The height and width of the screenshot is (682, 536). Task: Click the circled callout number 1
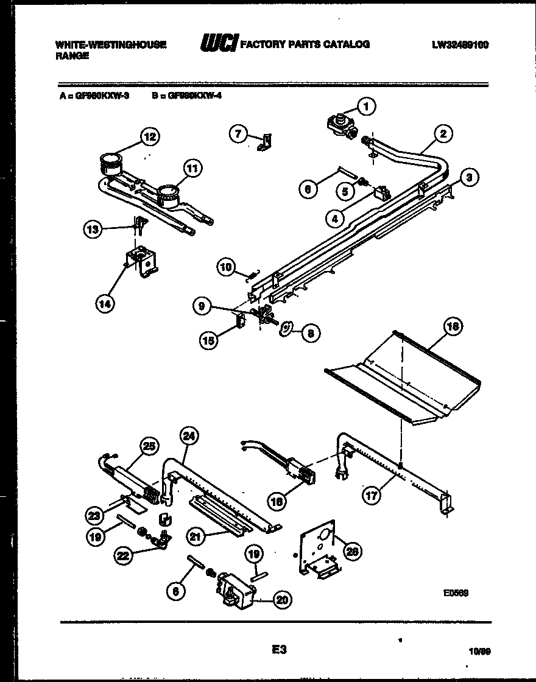pyautogui.click(x=366, y=107)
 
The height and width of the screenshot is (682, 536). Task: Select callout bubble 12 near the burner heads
pyautogui.click(x=149, y=137)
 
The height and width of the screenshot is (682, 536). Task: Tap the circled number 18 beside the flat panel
pyautogui.click(x=453, y=327)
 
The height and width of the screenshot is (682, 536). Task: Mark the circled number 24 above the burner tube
pyautogui.click(x=189, y=436)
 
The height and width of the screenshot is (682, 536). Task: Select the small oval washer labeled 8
pyautogui.click(x=284, y=330)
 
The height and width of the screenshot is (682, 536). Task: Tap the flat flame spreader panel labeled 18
pyautogui.click(x=402, y=378)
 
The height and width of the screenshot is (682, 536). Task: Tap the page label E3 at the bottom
pyautogui.click(x=279, y=650)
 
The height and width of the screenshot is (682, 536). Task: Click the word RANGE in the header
pyautogui.click(x=72, y=55)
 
